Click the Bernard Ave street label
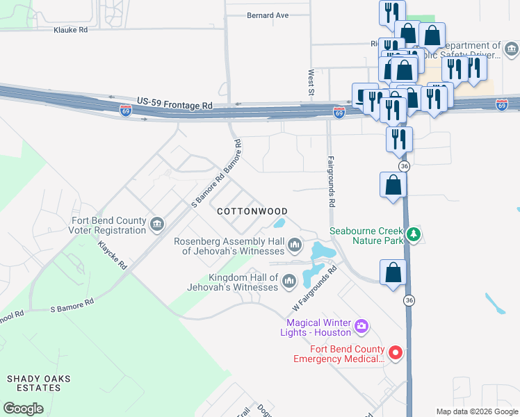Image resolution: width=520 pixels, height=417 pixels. (x=268, y=15)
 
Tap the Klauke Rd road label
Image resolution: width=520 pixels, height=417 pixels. (x=71, y=30)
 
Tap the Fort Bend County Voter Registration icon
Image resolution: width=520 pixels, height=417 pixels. (x=157, y=224)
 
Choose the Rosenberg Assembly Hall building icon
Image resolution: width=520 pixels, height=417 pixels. (x=295, y=244)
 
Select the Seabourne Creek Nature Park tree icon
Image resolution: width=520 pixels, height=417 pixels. (x=414, y=234)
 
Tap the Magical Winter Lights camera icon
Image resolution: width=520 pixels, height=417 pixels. (x=361, y=325)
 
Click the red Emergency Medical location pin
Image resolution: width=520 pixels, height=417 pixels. (x=396, y=353)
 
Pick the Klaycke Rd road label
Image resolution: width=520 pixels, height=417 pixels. (x=113, y=256)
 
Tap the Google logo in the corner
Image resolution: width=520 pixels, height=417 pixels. (x=23, y=409)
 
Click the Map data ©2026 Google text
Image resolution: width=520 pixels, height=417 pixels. (x=477, y=411)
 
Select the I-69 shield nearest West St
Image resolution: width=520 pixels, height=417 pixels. (x=339, y=111)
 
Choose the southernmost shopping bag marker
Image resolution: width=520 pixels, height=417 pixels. (x=393, y=273)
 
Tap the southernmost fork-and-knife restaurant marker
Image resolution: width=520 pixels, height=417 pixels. (x=399, y=138)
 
